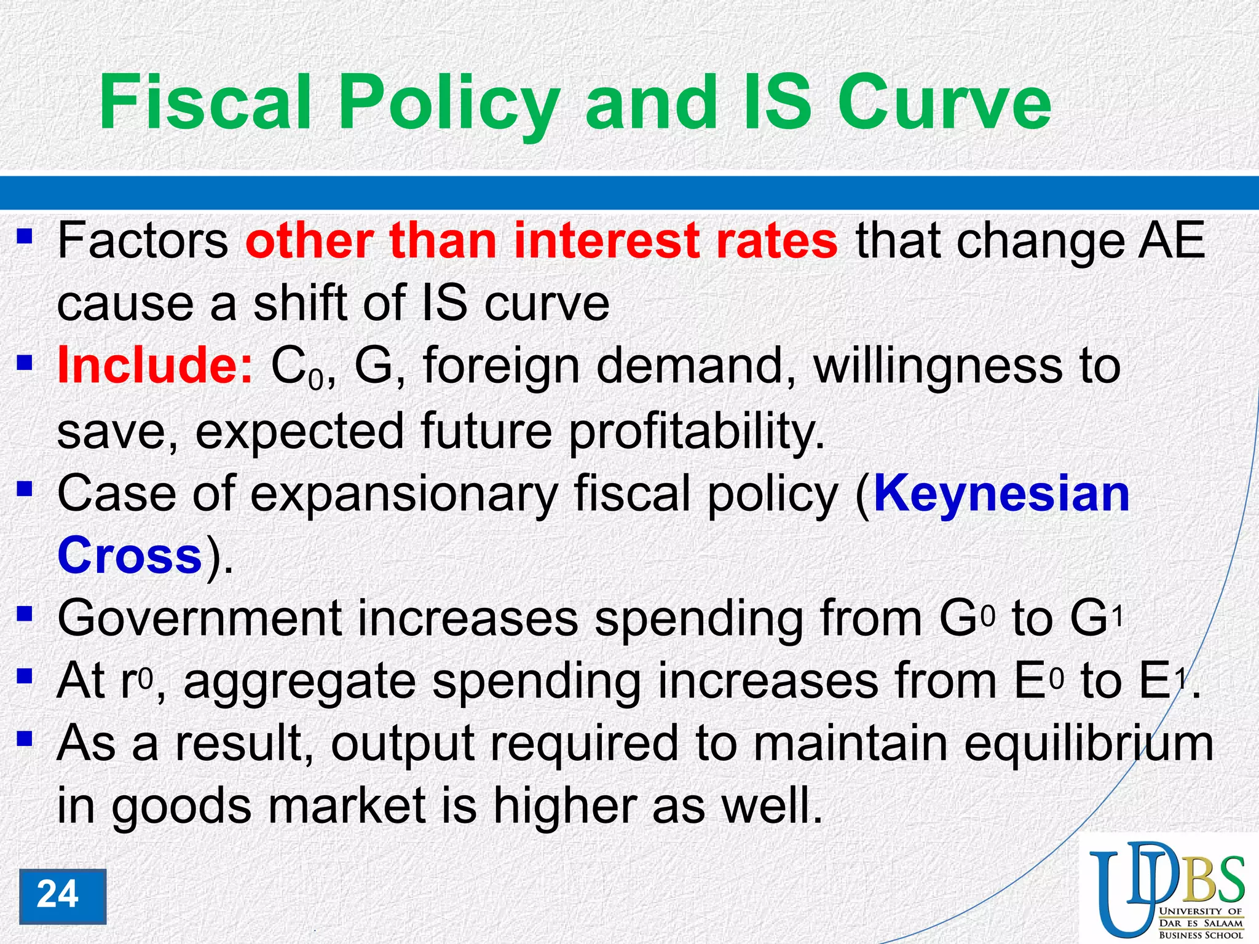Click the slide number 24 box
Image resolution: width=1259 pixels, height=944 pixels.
[62, 895]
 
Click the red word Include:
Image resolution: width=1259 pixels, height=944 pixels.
[154, 365]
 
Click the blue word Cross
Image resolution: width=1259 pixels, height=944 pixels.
[129, 555]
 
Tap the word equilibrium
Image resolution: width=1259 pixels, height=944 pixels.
[1088, 744]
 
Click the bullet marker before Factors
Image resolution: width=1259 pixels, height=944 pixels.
[25, 236]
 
